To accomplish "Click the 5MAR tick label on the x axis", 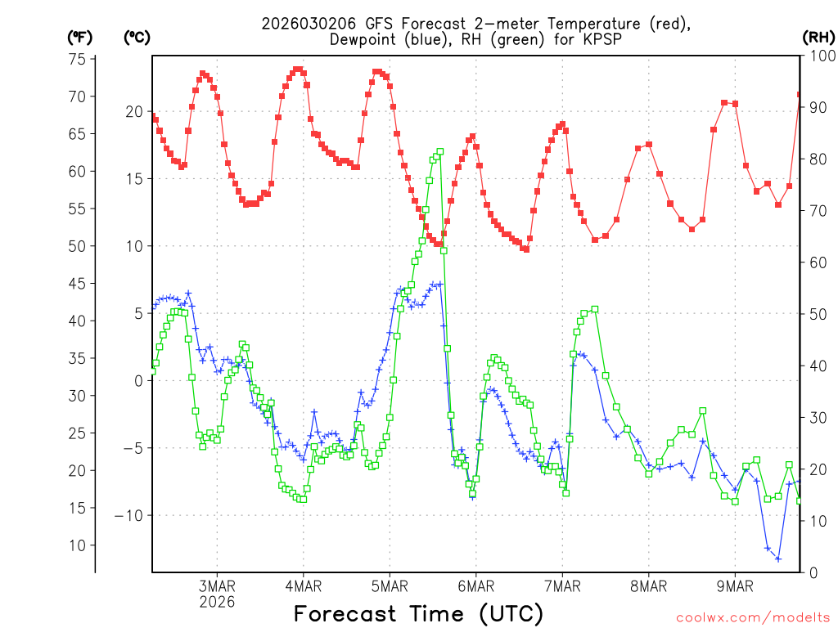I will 390,586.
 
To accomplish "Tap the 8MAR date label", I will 648,586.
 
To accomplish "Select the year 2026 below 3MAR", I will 217,602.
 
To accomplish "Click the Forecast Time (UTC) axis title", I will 418,613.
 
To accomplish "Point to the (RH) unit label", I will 818,37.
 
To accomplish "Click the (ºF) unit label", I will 79,37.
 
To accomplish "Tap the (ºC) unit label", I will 137,37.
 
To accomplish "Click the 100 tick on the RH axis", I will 820,56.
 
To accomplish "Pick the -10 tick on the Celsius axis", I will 129,515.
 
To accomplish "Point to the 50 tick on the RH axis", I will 816,314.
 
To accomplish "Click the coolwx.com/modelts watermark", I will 753,617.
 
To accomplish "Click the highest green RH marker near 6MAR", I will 440,151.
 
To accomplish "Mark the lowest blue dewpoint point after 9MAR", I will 778,559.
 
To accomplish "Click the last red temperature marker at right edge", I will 800,95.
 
